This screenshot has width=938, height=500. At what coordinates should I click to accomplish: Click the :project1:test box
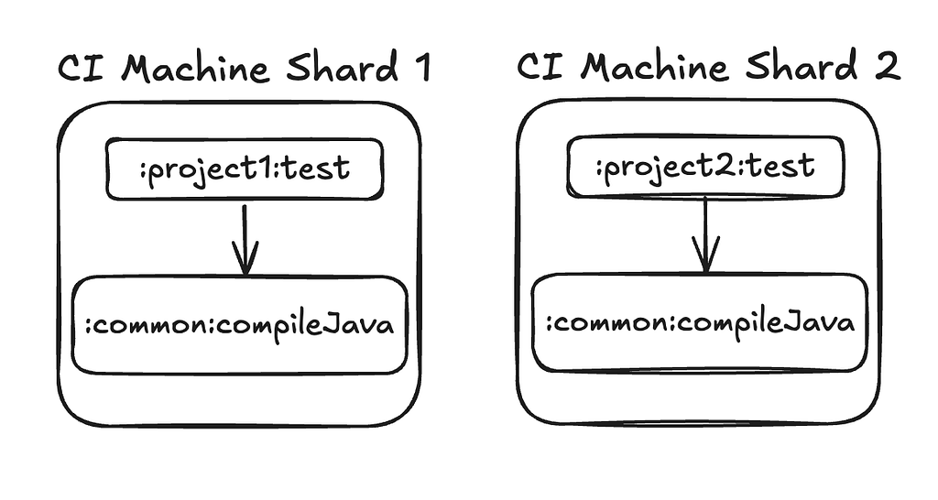[244, 169]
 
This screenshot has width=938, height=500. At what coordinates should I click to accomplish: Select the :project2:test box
[705, 167]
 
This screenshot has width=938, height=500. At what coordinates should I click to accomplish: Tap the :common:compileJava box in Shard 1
[240, 325]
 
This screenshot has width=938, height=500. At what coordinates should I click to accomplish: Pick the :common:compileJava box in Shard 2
[699, 322]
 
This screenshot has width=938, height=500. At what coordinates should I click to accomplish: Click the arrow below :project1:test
[245, 240]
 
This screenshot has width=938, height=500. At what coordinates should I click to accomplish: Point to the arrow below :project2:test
[706, 235]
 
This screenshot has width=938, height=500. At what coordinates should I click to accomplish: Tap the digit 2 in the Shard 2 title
[886, 66]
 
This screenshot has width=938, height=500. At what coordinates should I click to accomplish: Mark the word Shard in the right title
[802, 66]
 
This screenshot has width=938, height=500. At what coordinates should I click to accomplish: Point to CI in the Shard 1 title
[82, 67]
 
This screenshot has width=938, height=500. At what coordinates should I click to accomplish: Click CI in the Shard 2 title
[540, 66]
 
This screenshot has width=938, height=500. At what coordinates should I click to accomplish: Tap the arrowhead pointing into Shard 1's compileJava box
[245, 258]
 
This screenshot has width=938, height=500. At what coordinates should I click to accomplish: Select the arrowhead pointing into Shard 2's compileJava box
[706, 255]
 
